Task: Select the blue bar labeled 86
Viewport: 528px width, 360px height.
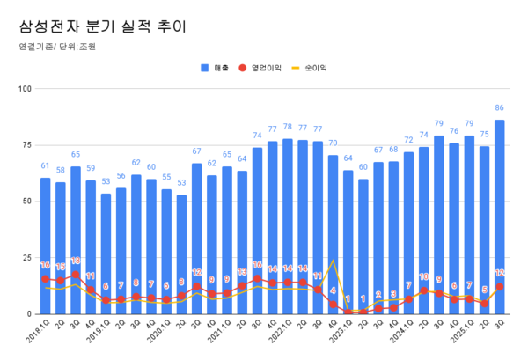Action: [x=500, y=220]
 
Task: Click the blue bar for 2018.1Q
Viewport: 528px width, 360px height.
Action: [x=45, y=246]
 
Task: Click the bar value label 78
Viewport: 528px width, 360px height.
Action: [x=287, y=128]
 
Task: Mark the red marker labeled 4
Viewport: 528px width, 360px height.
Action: [x=333, y=305]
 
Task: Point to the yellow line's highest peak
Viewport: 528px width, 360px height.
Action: [x=333, y=261]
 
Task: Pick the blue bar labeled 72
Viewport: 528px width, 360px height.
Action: [x=408, y=233]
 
